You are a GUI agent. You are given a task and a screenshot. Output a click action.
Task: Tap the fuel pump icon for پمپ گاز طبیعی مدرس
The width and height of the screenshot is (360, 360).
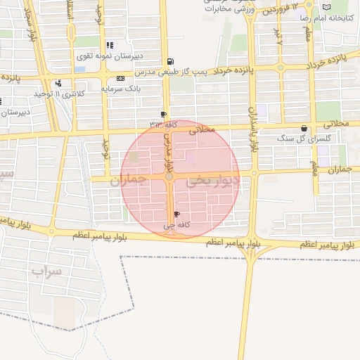[x=171, y=61]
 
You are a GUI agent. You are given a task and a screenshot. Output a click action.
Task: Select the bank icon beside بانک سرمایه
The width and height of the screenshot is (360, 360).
[x=120, y=78]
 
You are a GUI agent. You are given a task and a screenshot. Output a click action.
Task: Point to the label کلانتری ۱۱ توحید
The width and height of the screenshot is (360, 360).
[x=60, y=93]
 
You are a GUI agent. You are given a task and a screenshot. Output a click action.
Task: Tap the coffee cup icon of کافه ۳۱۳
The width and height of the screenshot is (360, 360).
[x=164, y=114]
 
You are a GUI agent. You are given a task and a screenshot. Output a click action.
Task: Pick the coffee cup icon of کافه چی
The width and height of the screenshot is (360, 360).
[x=176, y=214]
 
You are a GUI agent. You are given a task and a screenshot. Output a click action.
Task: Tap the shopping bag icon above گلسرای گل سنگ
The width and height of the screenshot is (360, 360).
[x=304, y=129]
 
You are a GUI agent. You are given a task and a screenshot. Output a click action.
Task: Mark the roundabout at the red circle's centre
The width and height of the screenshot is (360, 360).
[x=169, y=176]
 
